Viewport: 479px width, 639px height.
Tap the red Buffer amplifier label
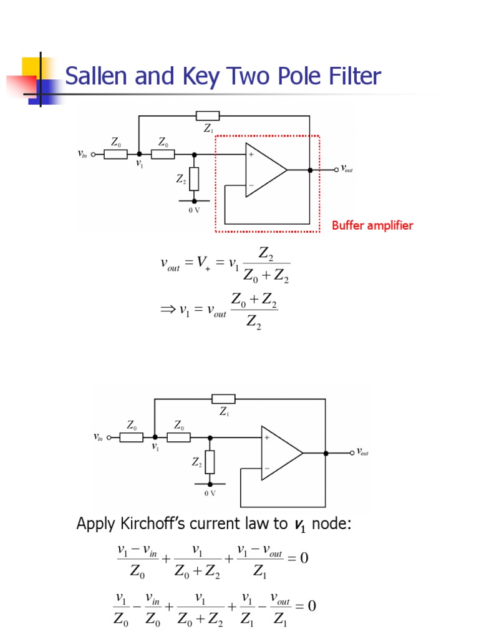[372, 225]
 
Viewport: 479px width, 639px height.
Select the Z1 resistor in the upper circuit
[208, 115]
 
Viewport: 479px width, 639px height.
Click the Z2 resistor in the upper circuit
[194, 179]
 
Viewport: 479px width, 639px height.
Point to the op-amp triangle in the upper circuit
[264, 170]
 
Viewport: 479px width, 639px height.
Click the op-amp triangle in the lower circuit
[280, 453]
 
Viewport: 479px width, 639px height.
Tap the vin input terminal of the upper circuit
[94, 154]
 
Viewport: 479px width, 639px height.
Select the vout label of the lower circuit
[362, 452]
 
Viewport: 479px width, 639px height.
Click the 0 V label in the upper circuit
[194, 210]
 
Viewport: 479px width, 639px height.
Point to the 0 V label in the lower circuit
[210, 493]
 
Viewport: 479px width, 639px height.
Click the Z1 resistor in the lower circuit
[224, 399]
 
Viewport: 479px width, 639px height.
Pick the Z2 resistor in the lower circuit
[210, 462]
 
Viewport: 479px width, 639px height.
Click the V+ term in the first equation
[203, 265]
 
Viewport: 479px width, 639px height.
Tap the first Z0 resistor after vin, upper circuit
[116, 154]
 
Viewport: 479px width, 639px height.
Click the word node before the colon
[331, 524]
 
